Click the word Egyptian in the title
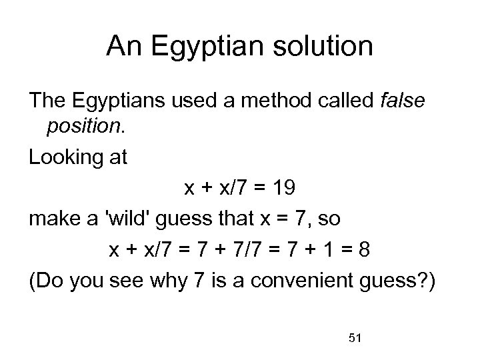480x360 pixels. tap(201, 47)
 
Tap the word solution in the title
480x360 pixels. tap(319, 47)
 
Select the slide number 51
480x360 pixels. tap(355, 339)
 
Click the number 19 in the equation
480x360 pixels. tap(282, 189)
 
